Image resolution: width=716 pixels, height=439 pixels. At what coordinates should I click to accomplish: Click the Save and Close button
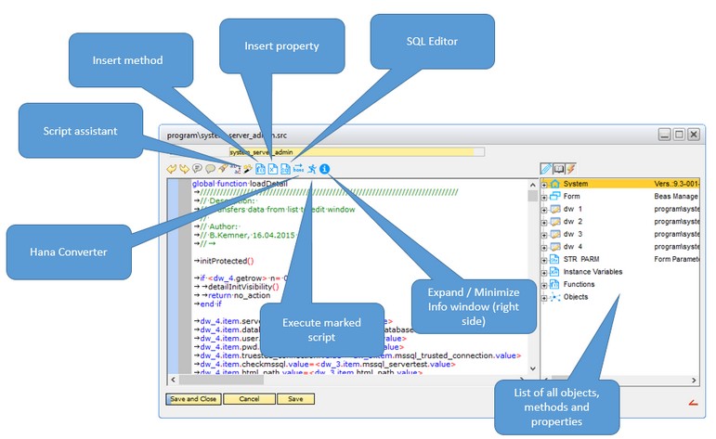click(193, 399)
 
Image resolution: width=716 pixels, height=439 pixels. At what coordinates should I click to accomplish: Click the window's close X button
click(693, 135)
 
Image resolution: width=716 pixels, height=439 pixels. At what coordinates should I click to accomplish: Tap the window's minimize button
click(665, 135)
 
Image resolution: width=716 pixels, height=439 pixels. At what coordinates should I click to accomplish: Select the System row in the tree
click(581, 184)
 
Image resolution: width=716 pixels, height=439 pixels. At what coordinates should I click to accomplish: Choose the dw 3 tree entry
click(576, 234)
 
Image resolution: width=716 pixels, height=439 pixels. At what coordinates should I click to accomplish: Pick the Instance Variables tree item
click(592, 271)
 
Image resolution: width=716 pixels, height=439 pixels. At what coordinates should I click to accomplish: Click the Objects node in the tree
click(576, 297)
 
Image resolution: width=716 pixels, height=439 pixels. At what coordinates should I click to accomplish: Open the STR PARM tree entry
click(584, 259)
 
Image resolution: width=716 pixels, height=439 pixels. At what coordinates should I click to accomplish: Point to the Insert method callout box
click(127, 61)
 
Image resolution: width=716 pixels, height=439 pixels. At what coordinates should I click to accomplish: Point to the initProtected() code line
click(226, 262)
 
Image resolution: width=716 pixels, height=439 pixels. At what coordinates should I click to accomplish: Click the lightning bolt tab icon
click(570, 169)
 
